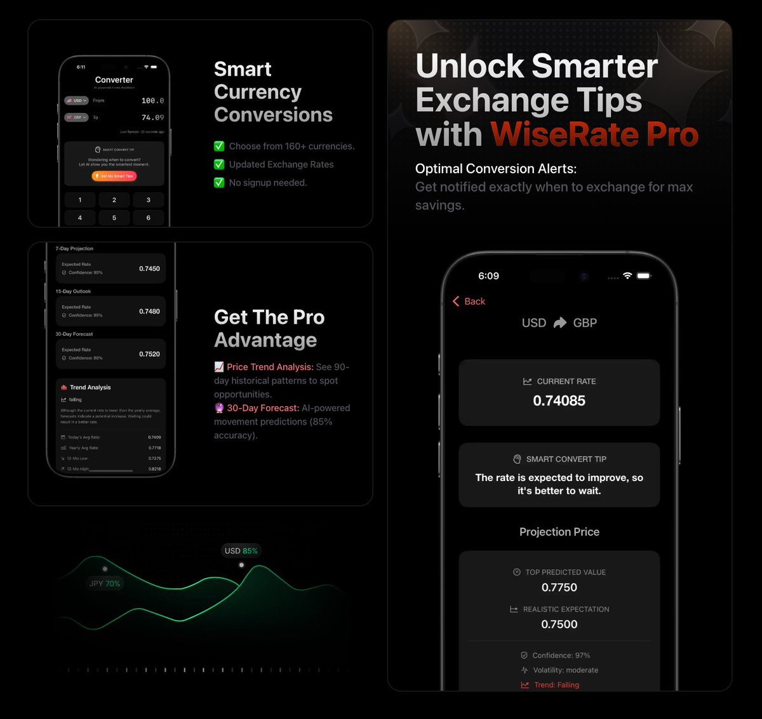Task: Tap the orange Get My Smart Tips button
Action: point(114,176)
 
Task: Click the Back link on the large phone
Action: point(469,301)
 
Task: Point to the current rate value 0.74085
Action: point(559,400)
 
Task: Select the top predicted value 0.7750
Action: point(559,588)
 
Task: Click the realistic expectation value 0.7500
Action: point(559,624)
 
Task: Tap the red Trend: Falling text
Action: point(556,685)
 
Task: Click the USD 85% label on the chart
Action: point(241,551)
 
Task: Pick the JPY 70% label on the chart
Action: point(105,584)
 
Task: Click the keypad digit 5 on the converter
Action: point(114,218)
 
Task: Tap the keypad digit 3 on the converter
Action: point(149,200)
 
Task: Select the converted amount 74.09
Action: point(152,117)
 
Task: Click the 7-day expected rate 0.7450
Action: point(149,269)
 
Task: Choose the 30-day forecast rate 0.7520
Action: point(149,354)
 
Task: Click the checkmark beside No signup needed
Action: point(219,183)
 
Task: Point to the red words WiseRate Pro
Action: point(594,135)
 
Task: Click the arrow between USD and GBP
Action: point(559,323)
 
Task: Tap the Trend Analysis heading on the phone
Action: point(90,387)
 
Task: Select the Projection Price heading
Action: point(559,532)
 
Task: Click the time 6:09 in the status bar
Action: point(488,276)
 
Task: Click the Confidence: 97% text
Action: point(561,656)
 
